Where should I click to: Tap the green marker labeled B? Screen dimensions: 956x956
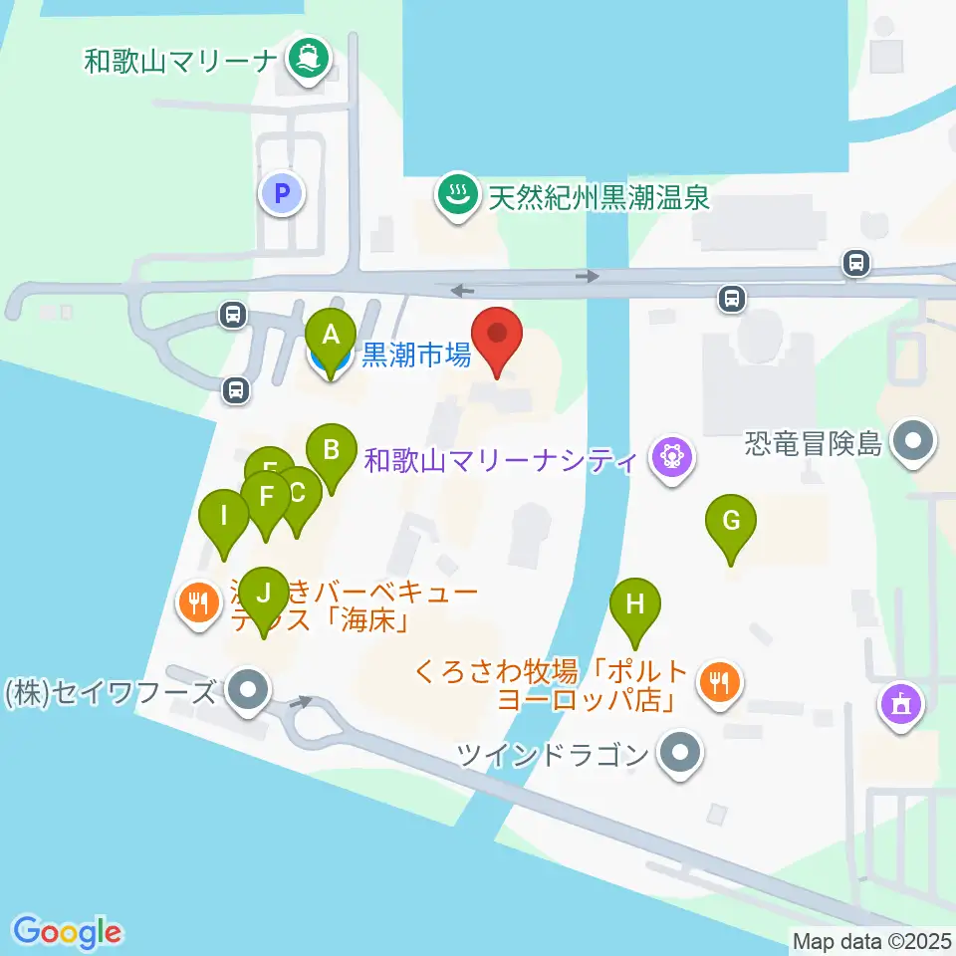pos(331,450)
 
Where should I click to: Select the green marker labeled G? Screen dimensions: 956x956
pos(731,521)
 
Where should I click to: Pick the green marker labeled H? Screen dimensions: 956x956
pos(635,604)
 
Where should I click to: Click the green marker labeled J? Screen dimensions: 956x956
pos(263,593)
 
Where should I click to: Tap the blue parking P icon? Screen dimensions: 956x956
pos(282,193)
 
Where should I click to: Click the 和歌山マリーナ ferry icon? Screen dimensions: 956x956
pos(308,61)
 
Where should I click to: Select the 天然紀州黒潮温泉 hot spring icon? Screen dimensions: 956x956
pos(458,195)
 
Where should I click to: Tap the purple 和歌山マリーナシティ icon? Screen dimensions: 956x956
pos(669,460)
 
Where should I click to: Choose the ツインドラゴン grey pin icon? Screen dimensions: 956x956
pos(681,754)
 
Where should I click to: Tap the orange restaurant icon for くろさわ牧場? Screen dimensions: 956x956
pos(718,682)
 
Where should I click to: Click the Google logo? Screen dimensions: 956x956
pos(68,932)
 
